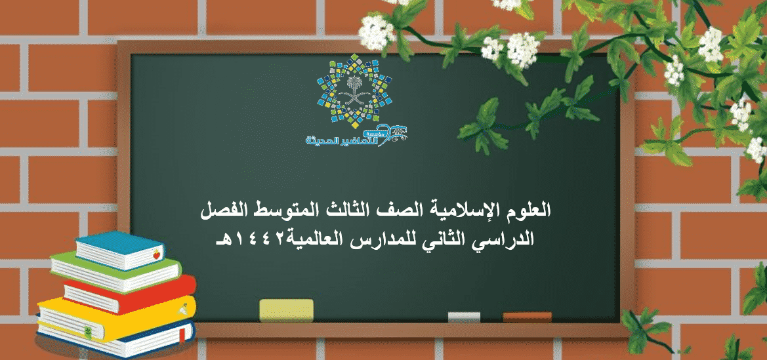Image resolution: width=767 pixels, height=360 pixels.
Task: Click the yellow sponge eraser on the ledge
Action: tap(286, 311)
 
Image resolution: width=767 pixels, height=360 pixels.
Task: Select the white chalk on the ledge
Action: tap(464, 317)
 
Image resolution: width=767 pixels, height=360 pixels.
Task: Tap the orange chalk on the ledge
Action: tap(527, 317)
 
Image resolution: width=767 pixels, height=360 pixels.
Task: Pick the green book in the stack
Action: tap(116, 272)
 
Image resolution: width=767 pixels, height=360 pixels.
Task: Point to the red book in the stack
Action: tap(130, 294)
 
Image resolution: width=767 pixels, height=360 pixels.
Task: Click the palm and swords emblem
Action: tap(355, 91)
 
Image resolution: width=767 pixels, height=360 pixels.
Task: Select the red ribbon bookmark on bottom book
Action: tap(182, 334)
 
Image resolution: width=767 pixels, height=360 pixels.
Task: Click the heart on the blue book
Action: tap(157, 255)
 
